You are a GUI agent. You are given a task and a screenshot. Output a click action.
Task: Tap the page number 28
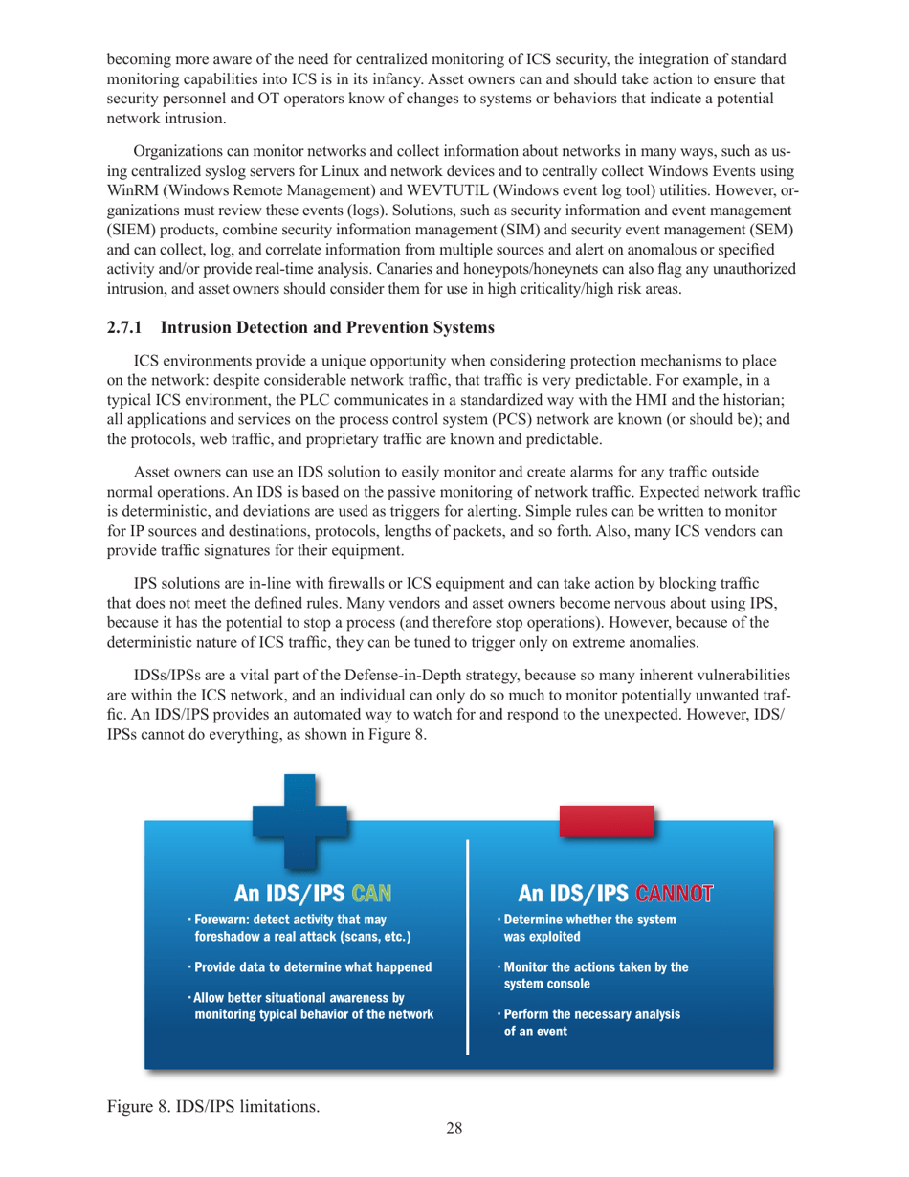point(454,1129)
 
